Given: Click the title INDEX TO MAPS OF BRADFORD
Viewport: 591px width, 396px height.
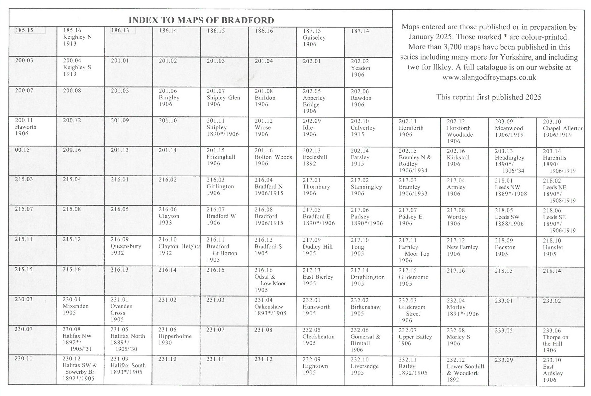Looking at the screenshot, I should pos(201,20).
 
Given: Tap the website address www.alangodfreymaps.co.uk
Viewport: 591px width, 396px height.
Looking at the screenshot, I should pos(489,77).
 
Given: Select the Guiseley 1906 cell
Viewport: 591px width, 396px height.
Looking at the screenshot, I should pos(320,42).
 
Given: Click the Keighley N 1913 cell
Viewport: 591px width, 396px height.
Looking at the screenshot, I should pos(80,42).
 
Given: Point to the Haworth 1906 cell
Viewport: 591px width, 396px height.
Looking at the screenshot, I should pos(33,131).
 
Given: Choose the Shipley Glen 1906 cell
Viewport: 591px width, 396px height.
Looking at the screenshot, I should pos(224,102).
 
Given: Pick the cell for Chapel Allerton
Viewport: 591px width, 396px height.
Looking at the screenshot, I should pos(560,132).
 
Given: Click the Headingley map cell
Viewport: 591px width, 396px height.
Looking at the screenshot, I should pos(512,162).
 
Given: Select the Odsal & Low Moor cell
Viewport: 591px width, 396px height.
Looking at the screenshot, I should pos(272,281).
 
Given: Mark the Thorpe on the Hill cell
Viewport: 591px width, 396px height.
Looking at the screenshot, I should pos(560,341).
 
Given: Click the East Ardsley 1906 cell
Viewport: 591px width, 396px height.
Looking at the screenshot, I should pos(560,371).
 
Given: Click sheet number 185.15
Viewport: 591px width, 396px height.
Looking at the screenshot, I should pos(24,30).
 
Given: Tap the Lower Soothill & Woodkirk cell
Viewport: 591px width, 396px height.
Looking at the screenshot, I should pos(464,371).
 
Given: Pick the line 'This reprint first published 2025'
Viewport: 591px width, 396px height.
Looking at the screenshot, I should pos(489,97).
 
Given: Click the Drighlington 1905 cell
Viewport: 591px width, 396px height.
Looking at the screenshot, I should pos(368,281).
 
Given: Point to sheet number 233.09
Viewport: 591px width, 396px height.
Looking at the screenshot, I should pos(504,360).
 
